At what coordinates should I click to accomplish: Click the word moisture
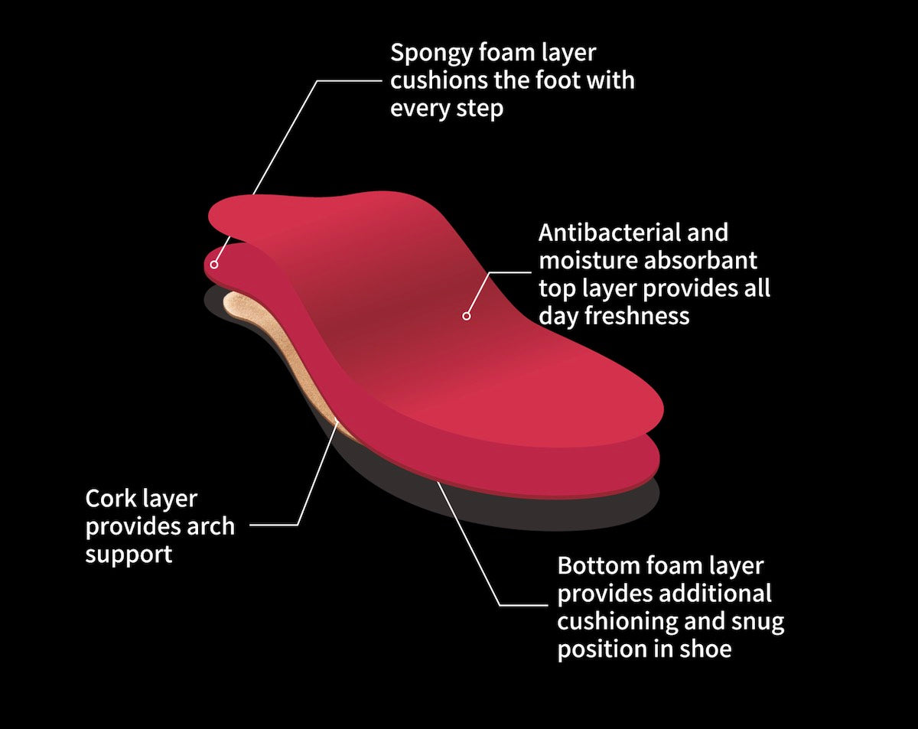click(588, 261)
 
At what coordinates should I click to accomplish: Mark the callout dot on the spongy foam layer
click(215, 265)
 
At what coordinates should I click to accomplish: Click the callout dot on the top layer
click(466, 314)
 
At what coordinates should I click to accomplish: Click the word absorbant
click(701, 261)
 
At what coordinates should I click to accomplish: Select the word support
click(129, 555)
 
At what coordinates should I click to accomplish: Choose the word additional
click(715, 594)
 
